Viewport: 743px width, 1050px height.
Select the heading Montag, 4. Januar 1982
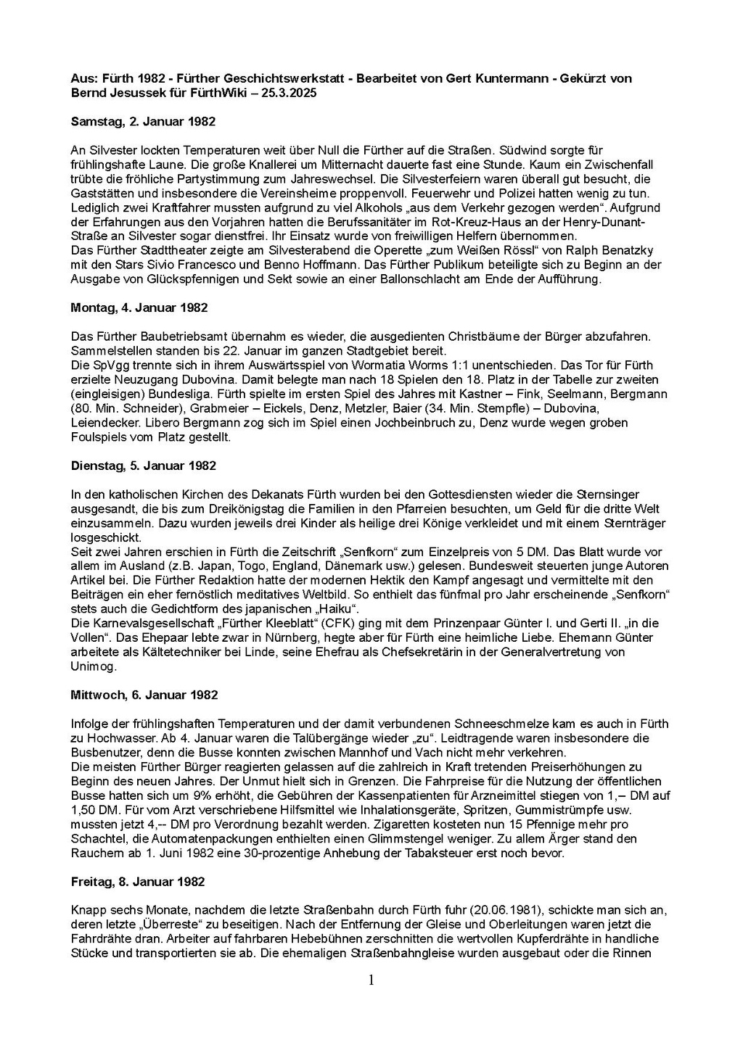(x=139, y=307)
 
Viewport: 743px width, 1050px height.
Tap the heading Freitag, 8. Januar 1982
(x=138, y=882)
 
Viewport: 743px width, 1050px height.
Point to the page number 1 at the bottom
(x=371, y=980)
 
